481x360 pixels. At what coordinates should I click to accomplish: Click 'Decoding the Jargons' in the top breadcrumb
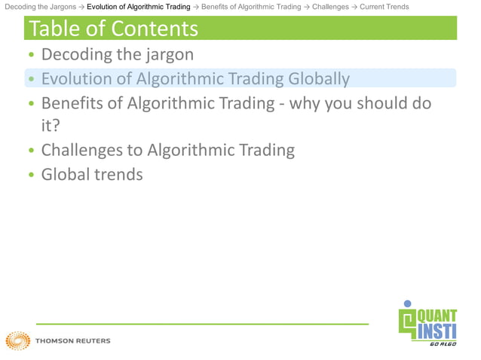tap(40, 7)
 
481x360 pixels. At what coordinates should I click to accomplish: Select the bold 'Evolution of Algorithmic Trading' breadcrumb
tap(139, 7)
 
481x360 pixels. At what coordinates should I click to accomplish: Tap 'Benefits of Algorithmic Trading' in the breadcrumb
tap(251, 7)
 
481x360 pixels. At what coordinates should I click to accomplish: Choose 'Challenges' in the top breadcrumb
tap(330, 7)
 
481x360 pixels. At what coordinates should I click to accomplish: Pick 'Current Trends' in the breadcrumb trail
tap(384, 7)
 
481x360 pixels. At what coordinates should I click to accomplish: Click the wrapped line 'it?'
tap(51, 125)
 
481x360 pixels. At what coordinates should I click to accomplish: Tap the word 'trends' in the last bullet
tap(121, 174)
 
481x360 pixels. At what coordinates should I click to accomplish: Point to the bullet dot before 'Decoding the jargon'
tap(31, 56)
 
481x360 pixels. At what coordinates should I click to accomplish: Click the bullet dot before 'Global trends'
tap(31, 175)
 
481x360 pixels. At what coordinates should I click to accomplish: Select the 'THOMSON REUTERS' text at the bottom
tap(72, 341)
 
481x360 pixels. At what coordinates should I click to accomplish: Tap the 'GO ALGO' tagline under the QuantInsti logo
tap(442, 343)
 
